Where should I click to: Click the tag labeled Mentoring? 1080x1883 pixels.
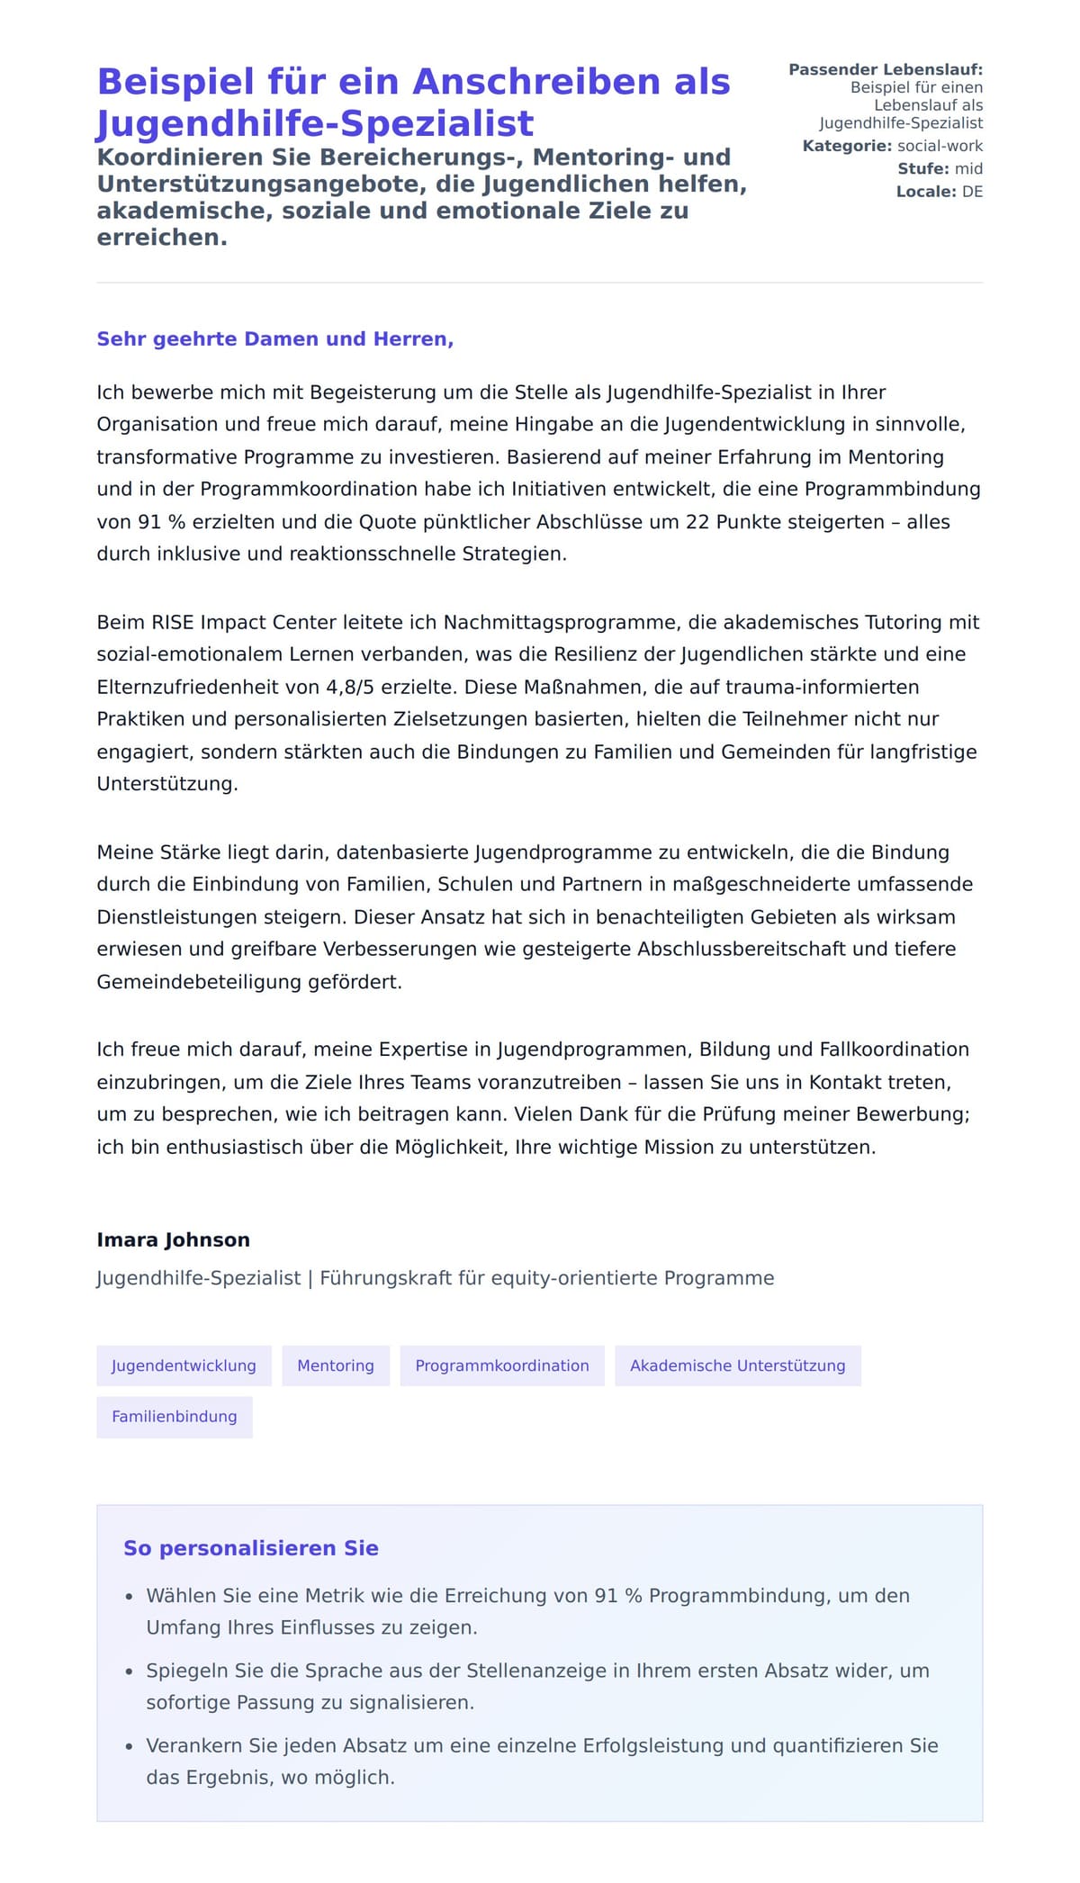335,1365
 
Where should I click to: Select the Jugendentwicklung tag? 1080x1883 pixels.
184,1365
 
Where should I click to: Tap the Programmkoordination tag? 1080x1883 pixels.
501,1365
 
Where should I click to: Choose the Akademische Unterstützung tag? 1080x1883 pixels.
737,1365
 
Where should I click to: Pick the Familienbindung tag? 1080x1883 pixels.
174,1417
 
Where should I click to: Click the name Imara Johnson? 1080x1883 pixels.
173,1239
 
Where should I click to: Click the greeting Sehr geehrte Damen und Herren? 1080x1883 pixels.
274,339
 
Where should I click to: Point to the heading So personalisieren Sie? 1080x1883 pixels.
250,1548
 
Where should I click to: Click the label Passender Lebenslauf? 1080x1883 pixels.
885,69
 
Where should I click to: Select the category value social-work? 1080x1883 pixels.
940,146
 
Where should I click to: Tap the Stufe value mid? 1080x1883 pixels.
968,168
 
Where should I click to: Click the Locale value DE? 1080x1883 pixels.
972,192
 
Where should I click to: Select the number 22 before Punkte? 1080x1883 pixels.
697,522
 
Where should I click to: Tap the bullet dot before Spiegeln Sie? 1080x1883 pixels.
129,1671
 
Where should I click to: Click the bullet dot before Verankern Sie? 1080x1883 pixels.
129,1746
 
